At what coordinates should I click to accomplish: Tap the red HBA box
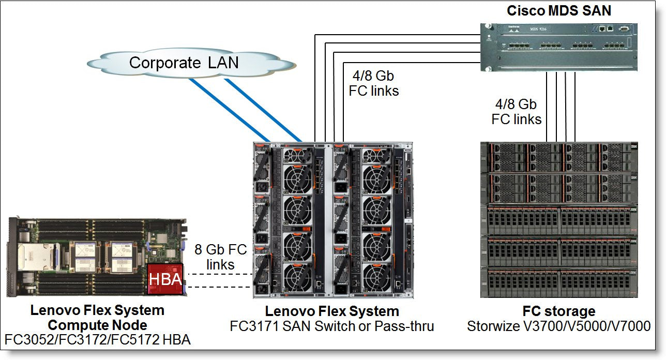coord(165,279)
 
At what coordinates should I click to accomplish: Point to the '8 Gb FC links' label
coord(220,257)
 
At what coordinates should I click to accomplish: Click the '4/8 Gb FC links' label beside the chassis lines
coord(373,83)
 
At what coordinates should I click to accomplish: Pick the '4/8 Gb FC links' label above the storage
coord(516,112)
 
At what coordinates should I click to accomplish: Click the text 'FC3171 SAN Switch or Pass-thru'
coord(332,326)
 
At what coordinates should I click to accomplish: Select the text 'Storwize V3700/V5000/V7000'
coord(558,326)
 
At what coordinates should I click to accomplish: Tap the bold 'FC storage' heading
coord(558,311)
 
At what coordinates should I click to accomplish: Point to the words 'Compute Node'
coord(97,325)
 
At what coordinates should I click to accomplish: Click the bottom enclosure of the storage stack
coord(558,282)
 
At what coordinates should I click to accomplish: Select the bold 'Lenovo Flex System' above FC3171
coord(332,311)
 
